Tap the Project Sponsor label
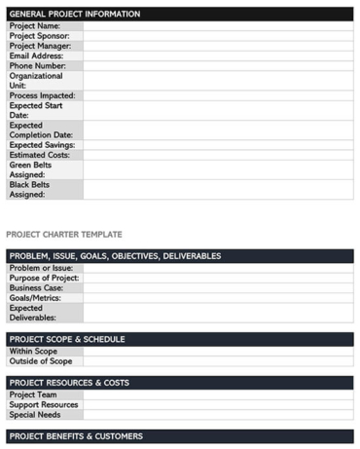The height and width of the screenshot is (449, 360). (x=39, y=36)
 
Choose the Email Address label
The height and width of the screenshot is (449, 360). (x=36, y=56)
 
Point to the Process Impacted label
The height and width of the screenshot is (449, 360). (x=43, y=95)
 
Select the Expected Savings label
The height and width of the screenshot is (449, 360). (x=43, y=144)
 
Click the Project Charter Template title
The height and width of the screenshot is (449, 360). (x=64, y=235)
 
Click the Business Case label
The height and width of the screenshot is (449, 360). (x=38, y=287)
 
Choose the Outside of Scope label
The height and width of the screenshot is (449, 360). (x=40, y=360)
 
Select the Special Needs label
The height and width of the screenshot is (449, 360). (x=36, y=414)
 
